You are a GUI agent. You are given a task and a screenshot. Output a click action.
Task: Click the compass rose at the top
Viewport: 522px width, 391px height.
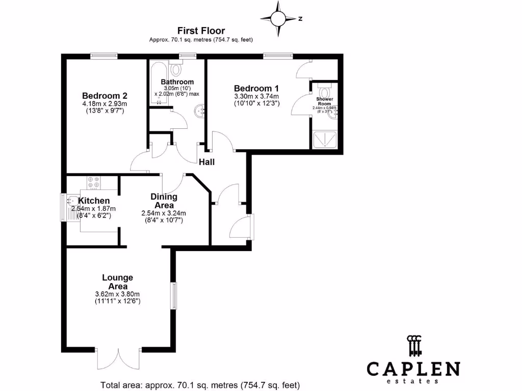tap(279, 18)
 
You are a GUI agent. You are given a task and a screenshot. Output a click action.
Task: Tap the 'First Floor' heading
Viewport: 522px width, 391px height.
tap(201, 31)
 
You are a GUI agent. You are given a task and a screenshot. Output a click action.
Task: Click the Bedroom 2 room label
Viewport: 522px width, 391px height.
tap(105, 95)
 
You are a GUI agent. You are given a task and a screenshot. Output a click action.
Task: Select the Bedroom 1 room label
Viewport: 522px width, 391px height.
tap(256, 88)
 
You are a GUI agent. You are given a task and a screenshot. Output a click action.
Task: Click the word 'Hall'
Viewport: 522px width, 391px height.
tap(207, 162)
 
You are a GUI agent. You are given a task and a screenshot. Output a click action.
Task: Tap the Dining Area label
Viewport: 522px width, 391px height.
tap(164, 201)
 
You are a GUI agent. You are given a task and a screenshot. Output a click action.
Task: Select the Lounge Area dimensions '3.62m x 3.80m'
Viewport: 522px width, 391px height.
tap(117, 294)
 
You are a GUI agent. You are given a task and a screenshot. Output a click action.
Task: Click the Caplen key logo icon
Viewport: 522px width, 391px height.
tap(414, 346)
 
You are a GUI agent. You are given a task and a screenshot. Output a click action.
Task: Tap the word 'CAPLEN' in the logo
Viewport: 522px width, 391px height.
tap(413, 369)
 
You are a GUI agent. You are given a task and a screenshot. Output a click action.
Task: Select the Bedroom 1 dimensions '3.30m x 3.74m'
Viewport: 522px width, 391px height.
tap(256, 97)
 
